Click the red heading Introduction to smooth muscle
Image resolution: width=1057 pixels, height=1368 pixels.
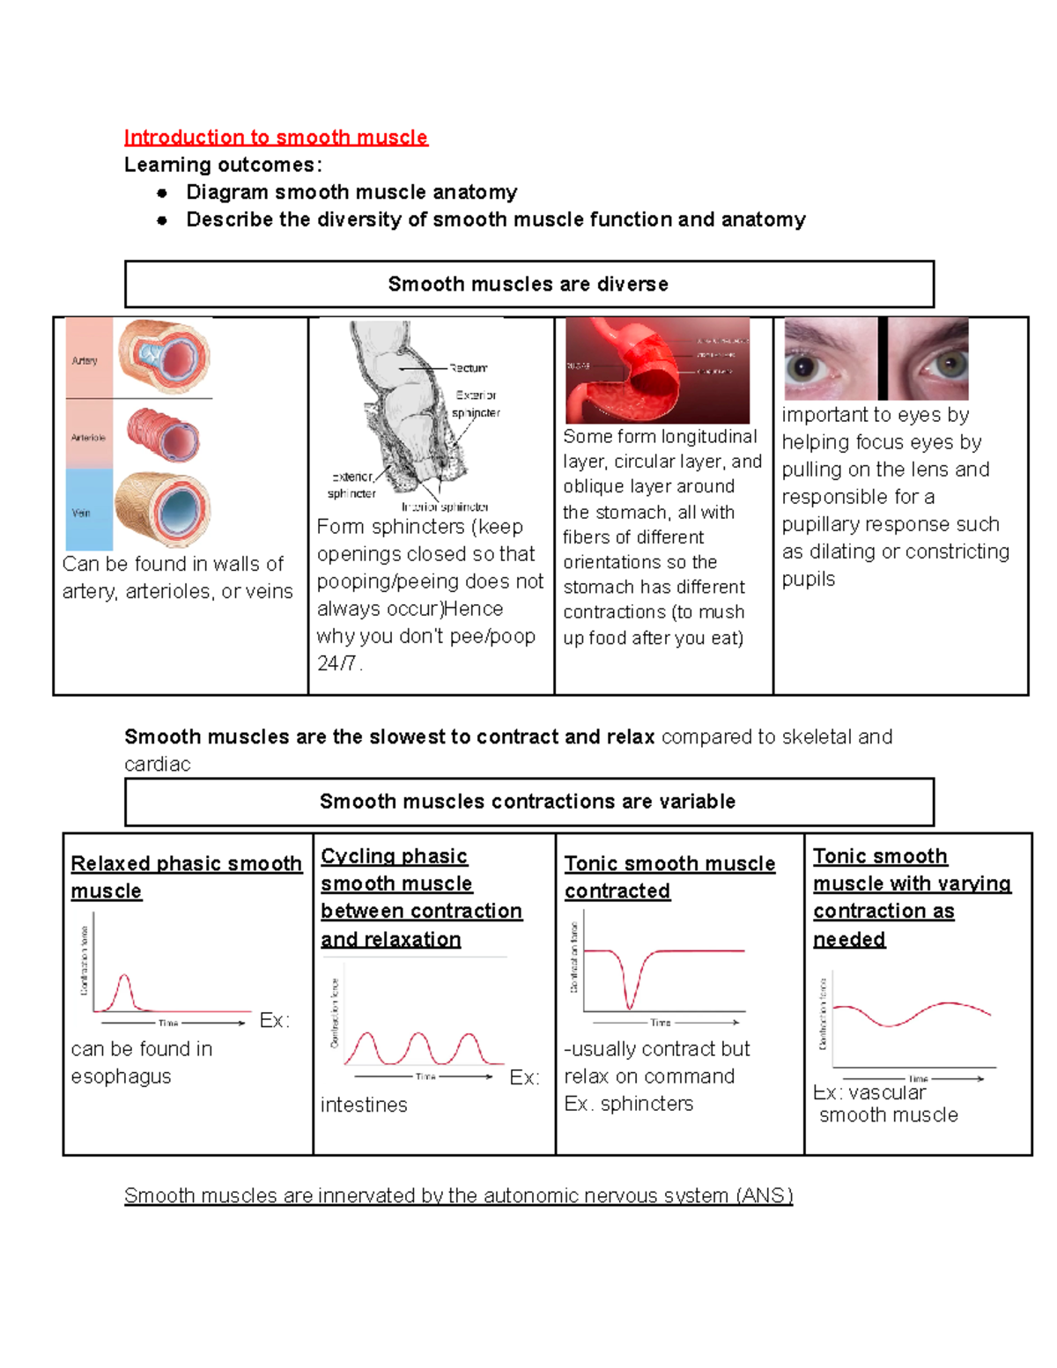click(276, 137)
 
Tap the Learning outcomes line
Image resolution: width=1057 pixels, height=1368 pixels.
click(223, 165)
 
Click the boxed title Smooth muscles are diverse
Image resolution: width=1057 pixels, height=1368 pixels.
click(528, 284)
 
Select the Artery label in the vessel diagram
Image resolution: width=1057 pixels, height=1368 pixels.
click(85, 360)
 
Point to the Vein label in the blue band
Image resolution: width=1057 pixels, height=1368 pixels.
click(81, 513)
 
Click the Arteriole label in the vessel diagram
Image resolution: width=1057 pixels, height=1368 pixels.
click(88, 437)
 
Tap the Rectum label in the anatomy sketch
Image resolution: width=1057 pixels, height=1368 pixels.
click(468, 368)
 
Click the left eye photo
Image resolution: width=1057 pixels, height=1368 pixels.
click(830, 359)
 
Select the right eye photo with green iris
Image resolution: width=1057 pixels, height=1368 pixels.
click(928, 359)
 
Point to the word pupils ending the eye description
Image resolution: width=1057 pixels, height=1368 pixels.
click(809, 579)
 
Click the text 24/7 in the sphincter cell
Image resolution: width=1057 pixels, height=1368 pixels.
click(336, 663)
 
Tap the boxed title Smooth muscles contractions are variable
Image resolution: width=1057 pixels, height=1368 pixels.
click(528, 802)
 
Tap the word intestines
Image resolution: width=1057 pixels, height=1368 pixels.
click(364, 1105)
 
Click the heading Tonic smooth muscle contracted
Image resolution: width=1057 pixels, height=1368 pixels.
click(669, 877)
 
